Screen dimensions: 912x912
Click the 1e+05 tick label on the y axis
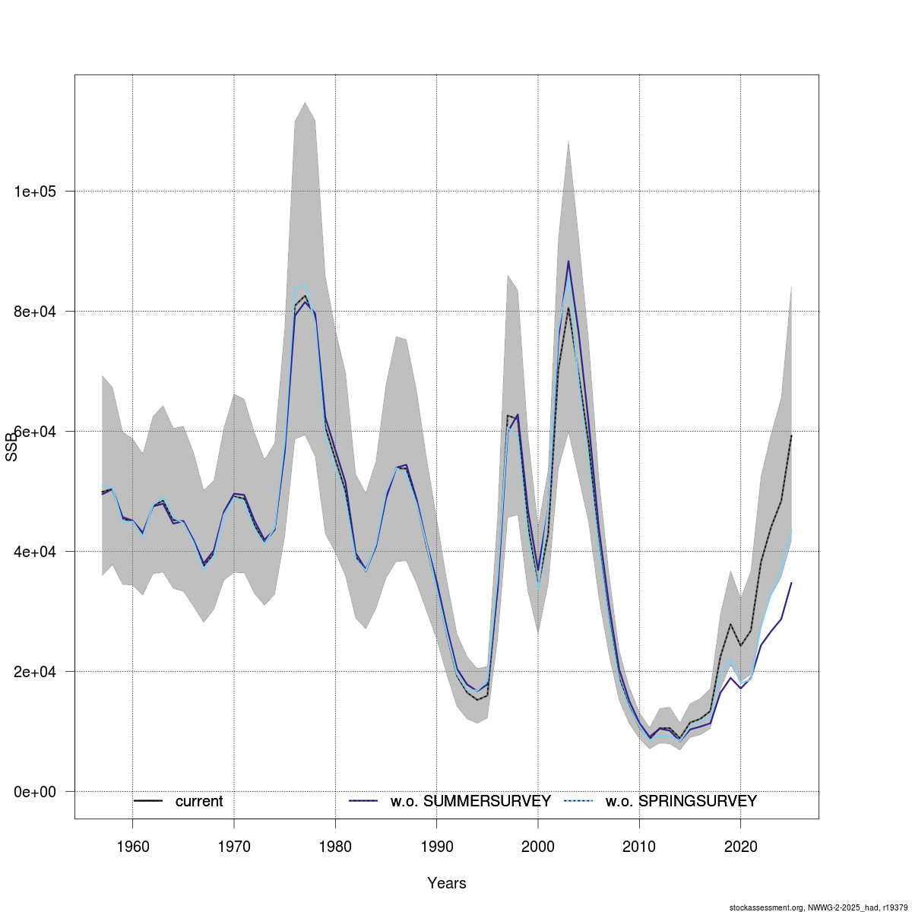(x=39, y=192)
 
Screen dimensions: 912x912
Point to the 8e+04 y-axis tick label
(x=39, y=312)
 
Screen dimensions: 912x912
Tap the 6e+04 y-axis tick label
(x=39, y=432)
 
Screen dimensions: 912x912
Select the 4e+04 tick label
(x=39, y=552)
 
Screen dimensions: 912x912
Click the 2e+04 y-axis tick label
(x=39, y=672)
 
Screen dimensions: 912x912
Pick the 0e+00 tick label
(x=39, y=792)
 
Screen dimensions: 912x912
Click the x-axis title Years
(x=447, y=883)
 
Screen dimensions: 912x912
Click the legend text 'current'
(x=199, y=802)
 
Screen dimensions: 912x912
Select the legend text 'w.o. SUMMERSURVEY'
(x=470, y=802)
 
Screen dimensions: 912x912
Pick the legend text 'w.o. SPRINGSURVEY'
(x=681, y=802)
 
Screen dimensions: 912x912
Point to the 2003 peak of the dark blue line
(x=568, y=261)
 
